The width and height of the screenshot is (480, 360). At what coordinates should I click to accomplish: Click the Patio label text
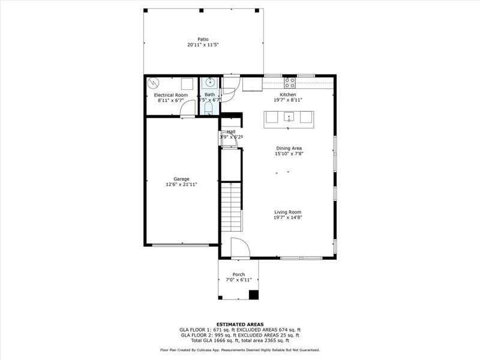point(203,40)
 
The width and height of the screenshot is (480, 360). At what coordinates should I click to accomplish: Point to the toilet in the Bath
point(208,108)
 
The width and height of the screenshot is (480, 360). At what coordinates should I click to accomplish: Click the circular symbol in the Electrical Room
point(154,83)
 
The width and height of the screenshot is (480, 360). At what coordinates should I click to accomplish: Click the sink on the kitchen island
point(289,116)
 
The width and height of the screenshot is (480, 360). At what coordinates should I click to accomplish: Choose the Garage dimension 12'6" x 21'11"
point(181,184)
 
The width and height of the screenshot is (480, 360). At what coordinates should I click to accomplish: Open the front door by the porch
point(239,248)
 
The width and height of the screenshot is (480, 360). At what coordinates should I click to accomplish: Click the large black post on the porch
point(253,295)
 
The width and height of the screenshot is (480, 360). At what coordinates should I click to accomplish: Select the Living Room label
point(287,212)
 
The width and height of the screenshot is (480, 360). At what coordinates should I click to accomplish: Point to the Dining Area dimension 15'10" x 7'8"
point(289,154)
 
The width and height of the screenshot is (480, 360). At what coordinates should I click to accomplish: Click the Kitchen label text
point(287,95)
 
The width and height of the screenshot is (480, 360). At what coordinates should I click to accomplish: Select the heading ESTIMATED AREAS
point(239,324)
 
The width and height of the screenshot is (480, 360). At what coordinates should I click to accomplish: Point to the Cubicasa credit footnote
point(240,350)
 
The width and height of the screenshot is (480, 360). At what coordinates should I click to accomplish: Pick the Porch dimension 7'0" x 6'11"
point(238,280)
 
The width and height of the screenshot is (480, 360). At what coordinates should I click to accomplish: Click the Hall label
point(231,131)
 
